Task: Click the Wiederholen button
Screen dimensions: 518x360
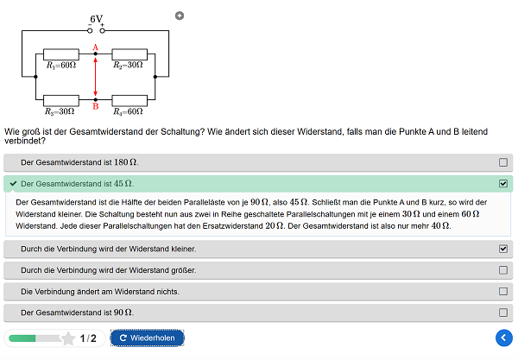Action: [x=147, y=338]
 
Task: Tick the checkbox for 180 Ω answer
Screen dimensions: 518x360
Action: [x=503, y=162]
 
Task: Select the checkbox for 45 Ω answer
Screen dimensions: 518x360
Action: [x=503, y=184]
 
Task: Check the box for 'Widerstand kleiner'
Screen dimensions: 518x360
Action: [x=503, y=249]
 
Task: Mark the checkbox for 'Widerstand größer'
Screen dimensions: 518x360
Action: [x=503, y=270]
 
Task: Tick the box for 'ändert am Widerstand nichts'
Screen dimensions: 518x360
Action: [x=503, y=291]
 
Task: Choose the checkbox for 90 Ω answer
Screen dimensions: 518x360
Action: [x=503, y=313]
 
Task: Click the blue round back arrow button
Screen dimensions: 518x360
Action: [x=504, y=338]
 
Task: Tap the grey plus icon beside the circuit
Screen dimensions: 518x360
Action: [x=180, y=16]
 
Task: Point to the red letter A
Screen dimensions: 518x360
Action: [x=96, y=47]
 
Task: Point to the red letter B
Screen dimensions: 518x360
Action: [x=96, y=106]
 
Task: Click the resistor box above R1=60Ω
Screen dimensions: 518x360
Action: [x=61, y=54]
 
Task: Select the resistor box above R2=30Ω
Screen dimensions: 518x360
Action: [x=129, y=54]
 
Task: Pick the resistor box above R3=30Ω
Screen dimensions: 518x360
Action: [x=61, y=100]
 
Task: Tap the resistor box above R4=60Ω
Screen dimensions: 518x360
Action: [x=129, y=100]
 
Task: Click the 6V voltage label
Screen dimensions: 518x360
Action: [x=97, y=19]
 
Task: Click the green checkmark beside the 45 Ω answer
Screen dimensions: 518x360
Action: [x=13, y=184]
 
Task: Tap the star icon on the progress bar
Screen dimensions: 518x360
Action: [x=68, y=338]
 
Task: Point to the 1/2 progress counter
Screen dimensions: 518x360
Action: [x=88, y=338]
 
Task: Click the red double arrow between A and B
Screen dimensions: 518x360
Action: [x=96, y=77]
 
